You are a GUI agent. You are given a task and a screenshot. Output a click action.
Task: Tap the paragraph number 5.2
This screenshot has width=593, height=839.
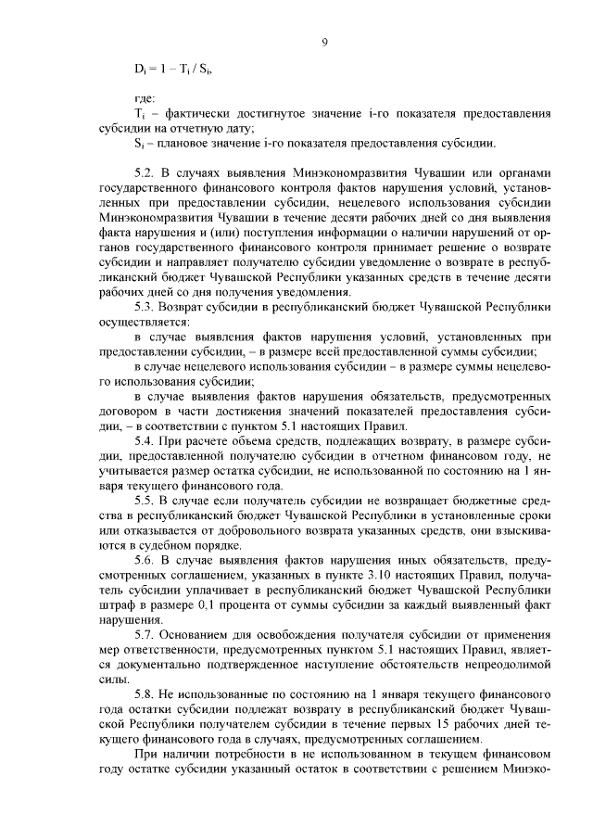tap(145, 172)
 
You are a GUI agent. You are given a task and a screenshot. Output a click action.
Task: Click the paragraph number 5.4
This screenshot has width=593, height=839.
tap(145, 440)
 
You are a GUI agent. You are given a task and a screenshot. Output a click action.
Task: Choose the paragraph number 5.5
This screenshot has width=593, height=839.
tap(145, 500)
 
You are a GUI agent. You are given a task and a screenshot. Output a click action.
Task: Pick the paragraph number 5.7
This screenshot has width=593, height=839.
tap(145, 634)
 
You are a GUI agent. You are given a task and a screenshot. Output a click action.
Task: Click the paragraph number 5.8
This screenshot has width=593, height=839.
tap(145, 694)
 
